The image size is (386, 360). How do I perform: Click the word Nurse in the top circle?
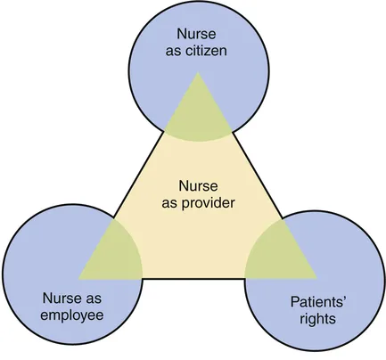(x=196, y=34)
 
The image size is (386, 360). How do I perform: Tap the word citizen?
(x=206, y=51)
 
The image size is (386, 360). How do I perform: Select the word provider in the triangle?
(x=208, y=204)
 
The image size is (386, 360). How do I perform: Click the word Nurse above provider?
(x=198, y=186)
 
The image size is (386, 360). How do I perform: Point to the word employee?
(x=72, y=315)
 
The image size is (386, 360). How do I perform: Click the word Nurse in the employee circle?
(x=62, y=299)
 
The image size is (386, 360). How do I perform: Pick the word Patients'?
(x=318, y=302)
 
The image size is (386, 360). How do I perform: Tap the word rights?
(x=317, y=320)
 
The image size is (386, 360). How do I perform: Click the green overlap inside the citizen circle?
(x=198, y=116)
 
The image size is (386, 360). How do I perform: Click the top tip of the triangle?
(x=198, y=73)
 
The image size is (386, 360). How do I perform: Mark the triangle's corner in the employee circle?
(x=78, y=279)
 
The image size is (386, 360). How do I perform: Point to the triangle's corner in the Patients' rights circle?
(x=316, y=279)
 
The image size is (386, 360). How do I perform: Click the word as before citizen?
(x=174, y=52)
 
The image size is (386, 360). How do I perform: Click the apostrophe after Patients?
(x=345, y=299)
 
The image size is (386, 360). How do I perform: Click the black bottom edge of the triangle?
(x=193, y=279)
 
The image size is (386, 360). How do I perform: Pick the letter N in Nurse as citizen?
(x=182, y=34)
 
